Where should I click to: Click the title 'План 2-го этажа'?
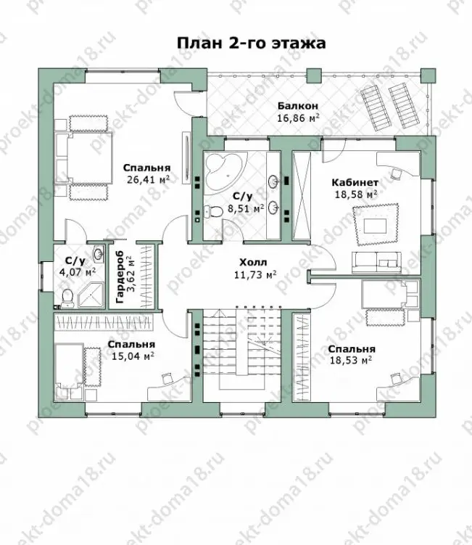point(251,44)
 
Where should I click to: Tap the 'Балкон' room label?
point(298,106)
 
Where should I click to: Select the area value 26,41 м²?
point(148,180)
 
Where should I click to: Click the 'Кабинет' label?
point(355,182)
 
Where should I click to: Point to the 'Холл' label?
point(253,263)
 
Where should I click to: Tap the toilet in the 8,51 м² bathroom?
point(213,211)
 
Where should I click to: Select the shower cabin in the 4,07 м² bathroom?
point(91,295)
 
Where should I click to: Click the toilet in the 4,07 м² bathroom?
point(67,298)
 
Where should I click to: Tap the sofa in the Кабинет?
point(376,263)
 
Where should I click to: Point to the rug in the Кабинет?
point(376,224)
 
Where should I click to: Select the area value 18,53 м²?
point(350,360)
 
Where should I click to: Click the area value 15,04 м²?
point(133,356)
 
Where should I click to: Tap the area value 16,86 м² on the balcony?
point(298,118)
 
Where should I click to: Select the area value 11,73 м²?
point(255,275)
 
